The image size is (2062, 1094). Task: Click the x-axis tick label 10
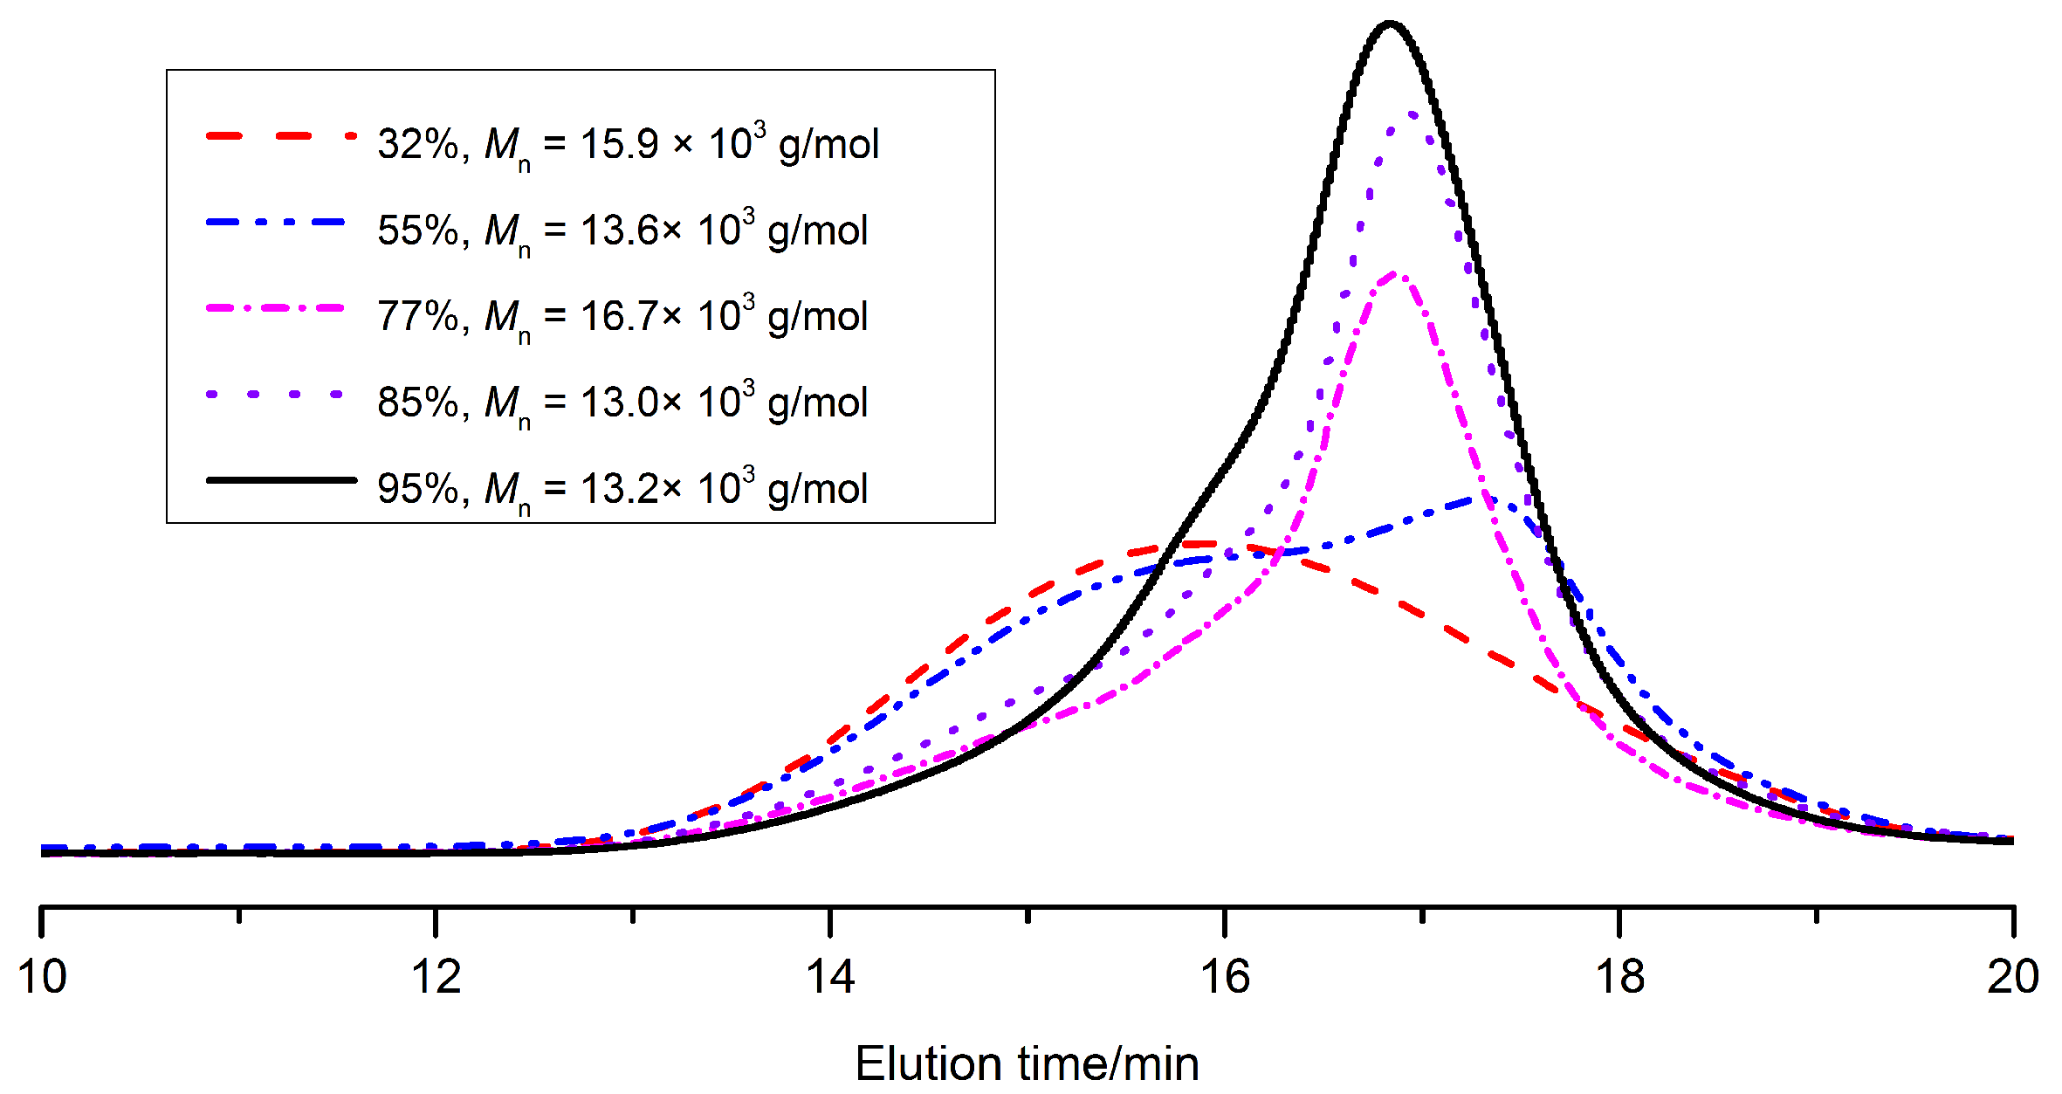point(41,976)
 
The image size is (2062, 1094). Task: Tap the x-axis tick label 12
point(436,976)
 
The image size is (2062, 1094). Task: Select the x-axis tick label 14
point(830,976)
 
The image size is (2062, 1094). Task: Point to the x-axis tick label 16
point(1225,976)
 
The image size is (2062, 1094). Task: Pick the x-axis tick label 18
point(1619,976)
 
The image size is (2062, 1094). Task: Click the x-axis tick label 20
point(2012,976)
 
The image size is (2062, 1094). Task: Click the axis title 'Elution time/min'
point(1027,1064)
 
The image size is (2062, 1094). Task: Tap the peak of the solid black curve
point(1390,24)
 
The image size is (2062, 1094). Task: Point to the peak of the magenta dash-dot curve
point(1395,273)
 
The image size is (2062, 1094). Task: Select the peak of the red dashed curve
point(1200,544)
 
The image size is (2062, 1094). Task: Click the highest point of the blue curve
point(1489,499)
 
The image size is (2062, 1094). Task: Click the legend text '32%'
point(417,144)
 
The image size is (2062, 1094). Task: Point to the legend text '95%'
point(417,489)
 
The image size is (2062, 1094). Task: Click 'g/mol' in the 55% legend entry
point(818,230)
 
